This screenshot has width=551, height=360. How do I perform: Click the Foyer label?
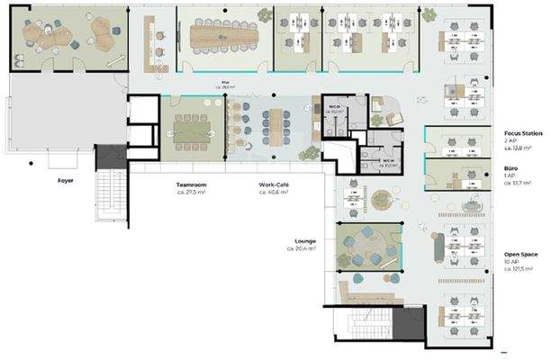pyautogui.click(x=65, y=180)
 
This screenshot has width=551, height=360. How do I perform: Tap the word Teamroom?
pyautogui.click(x=192, y=184)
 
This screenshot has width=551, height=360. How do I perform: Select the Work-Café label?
pyautogui.click(x=274, y=184)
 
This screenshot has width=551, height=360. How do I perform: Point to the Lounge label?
pyautogui.click(x=305, y=241)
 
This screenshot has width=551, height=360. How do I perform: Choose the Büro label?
pyautogui.click(x=510, y=167)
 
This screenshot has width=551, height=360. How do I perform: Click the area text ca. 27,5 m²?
pyautogui.click(x=192, y=192)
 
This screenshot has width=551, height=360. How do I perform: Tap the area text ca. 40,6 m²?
pyautogui.click(x=274, y=192)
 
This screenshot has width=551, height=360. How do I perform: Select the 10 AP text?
pyautogui.click(x=510, y=261)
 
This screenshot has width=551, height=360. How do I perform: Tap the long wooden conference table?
pyautogui.click(x=224, y=36)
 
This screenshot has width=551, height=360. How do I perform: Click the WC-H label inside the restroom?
pyautogui.click(x=387, y=161)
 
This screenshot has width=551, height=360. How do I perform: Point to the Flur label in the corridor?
pyautogui.click(x=225, y=84)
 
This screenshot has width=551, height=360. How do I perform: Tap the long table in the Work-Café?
pyautogui.click(x=276, y=126)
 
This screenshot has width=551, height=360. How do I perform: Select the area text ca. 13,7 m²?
pyautogui.click(x=518, y=183)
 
